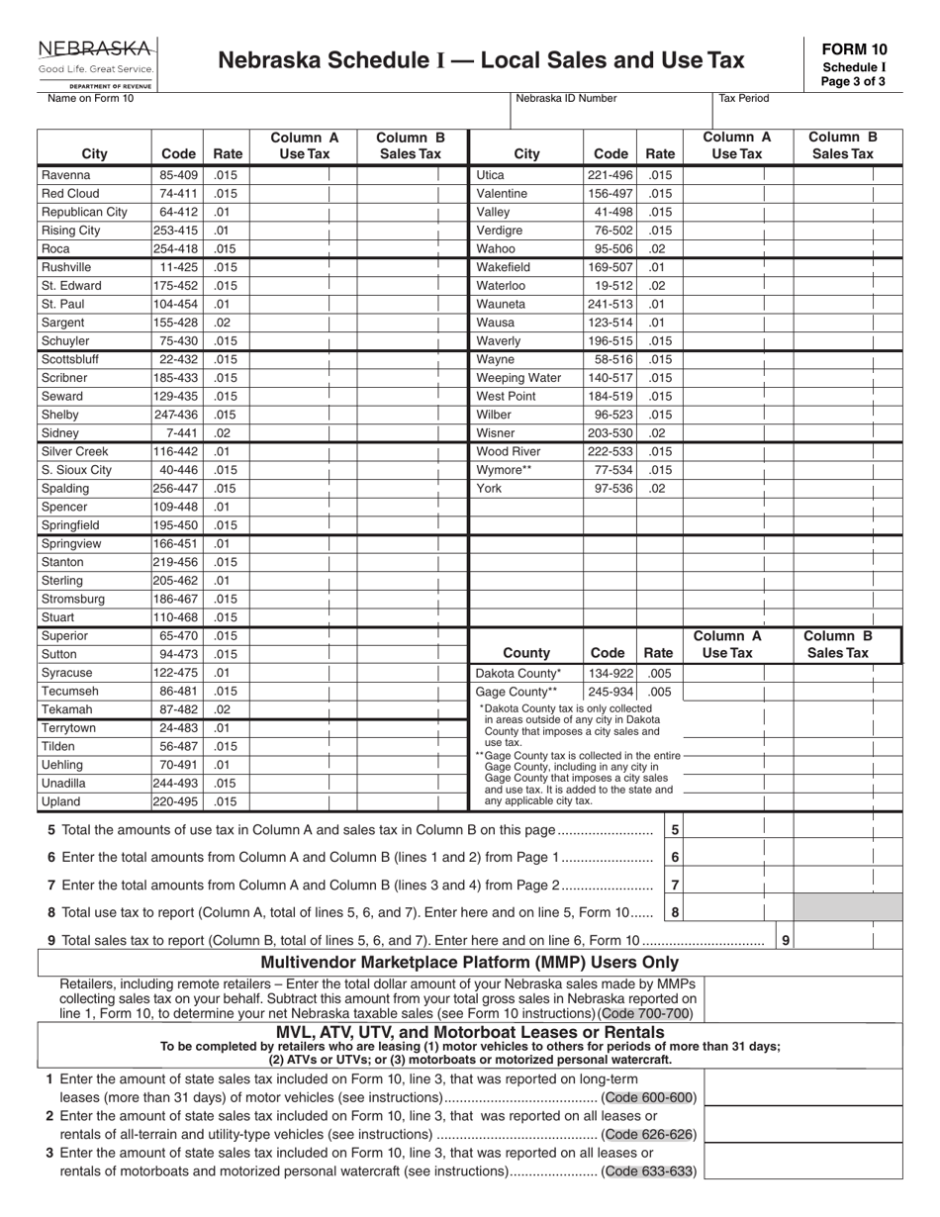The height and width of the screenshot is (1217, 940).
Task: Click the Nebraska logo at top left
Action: [x=96, y=59]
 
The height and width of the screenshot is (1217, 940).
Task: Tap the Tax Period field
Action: [x=807, y=111]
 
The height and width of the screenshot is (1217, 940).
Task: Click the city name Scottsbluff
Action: [x=69, y=359]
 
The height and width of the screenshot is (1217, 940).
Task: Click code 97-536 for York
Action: [x=612, y=488]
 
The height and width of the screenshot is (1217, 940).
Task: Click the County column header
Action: [x=526, y=653]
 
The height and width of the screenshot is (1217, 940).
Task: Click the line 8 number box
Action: [x=675, y=913]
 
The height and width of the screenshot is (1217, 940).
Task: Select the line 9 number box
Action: [x=786, y=941]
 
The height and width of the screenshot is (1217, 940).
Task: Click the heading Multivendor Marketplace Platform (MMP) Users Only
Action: [x=469, y=963]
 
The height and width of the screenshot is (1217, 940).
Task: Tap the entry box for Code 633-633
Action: [x=802, y=1162]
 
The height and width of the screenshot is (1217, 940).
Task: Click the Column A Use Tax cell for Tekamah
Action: [x=303, y=710]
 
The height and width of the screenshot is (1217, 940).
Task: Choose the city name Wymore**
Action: [x=504, y=470]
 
